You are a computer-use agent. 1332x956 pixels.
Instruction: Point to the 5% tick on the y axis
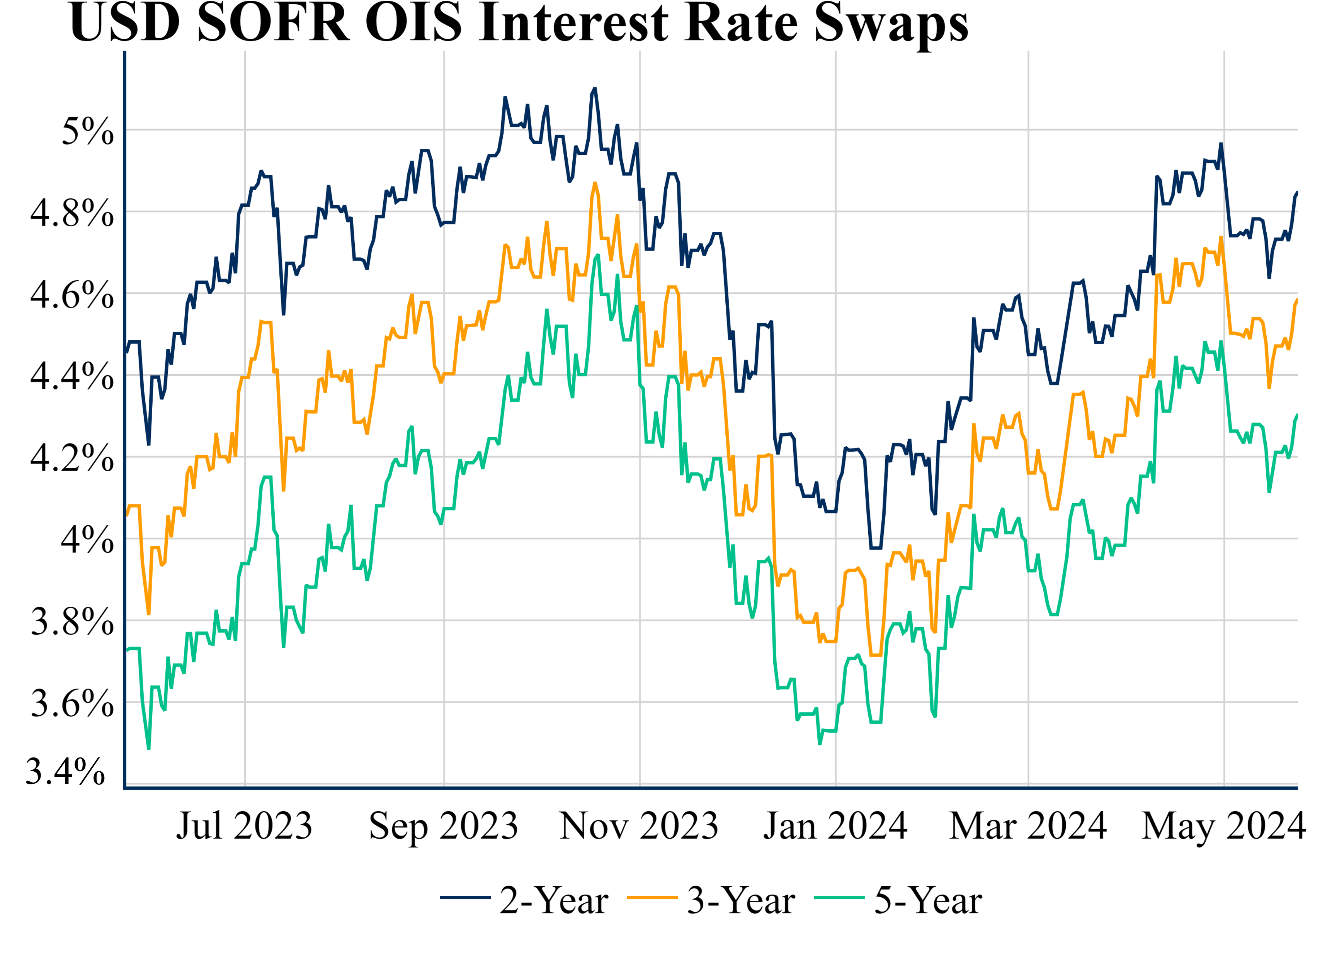tap(87, 131)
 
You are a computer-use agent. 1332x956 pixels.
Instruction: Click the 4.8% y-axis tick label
tap(71, 213)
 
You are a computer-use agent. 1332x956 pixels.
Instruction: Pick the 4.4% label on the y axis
tap(71, 376)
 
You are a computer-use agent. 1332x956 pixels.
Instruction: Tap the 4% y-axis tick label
tap(87, 540)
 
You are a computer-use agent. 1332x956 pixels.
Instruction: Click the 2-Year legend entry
tap(524, 900)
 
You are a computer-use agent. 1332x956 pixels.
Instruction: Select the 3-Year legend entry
tap(711, 900)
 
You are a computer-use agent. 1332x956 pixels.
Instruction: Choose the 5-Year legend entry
tap(898, 900)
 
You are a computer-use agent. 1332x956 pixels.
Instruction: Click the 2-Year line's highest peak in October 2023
tap(594, 89)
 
